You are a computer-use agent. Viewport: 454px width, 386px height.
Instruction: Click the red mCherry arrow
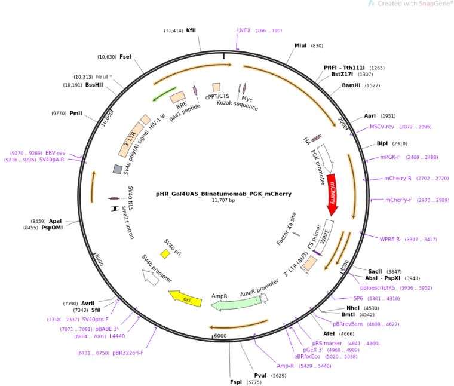click(x=331, y=194)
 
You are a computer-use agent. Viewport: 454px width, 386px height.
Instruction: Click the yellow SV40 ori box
click(x=165, y=254)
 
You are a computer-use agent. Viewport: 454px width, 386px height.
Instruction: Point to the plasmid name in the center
click(x=223, y=194)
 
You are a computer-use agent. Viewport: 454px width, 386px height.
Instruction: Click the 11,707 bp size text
click(x=223, y=201)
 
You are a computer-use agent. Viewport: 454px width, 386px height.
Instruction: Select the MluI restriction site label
click(x=300, y=45)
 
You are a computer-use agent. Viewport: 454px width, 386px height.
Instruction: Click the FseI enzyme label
click(x=125, y=57)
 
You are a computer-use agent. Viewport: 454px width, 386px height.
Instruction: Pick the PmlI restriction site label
click(x=76, y=112)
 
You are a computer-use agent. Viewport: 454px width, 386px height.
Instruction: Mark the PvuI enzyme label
click(x=260, y=376)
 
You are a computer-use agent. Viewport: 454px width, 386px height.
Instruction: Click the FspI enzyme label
click(x=237, y=382)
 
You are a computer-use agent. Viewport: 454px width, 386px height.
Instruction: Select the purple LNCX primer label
click(x=244, y=30)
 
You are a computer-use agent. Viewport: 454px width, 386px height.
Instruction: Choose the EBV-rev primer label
click(x=56, y=153)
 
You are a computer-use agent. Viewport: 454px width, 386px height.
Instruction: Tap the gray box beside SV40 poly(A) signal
click(x=118, y=169)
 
